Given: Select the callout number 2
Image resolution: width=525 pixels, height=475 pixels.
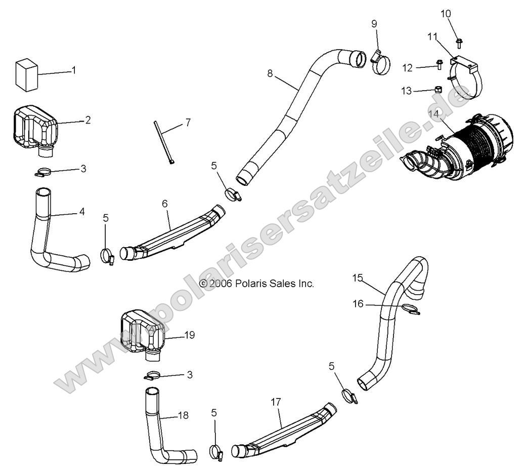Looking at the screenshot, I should click(x=88, y=120).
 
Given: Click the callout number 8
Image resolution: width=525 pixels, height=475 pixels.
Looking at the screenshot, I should click(x=270, y=73).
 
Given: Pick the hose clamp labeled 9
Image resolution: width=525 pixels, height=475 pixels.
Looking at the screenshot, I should click(x=380, y=62).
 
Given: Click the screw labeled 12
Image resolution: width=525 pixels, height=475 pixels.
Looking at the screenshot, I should click(x=439, y=65).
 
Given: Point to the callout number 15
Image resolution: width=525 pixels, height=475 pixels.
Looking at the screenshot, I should click(x=358, y=278).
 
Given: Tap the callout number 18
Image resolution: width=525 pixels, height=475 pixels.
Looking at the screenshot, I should click(x=183, y=415).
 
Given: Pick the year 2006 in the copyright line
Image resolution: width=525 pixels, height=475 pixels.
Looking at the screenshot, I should click(x=221, y=284).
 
